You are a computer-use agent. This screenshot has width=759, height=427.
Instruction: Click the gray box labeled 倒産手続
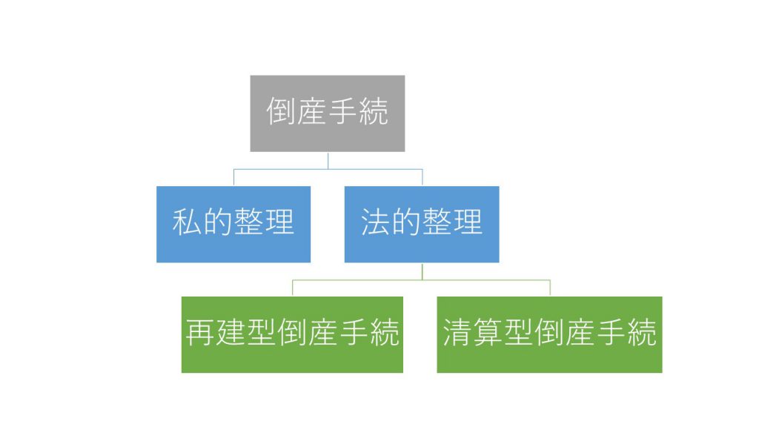[x=327, y=113]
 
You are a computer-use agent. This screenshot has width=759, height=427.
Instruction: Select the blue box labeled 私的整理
[x=233, y=224]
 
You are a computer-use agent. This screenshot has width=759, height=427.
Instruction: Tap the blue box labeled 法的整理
[x=422, y=224]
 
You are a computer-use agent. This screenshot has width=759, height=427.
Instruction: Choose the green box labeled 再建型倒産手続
[x=292, y=334]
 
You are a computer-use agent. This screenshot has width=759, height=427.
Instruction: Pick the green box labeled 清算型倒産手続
[x=549, y=334]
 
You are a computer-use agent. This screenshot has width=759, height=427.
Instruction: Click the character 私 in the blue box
[x=188, y=222]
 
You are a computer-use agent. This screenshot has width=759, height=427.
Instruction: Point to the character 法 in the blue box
[x=376, y=222]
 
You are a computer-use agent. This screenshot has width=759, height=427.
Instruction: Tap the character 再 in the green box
[x=200, y=333]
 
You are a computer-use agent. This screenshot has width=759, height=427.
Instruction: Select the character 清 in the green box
[x=457, y=333]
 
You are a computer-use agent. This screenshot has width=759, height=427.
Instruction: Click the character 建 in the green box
[x=231, y=333]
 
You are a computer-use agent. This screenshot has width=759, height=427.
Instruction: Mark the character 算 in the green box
[x=488, y=333]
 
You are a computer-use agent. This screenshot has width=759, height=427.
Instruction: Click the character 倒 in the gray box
[x=281, y=111]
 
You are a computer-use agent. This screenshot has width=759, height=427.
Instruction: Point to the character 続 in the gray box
[x=374, y=111]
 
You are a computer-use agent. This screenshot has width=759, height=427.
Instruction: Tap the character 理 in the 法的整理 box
[x=468, y=222]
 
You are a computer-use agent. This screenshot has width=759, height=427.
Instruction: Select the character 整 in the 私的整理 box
[x=249, y=222]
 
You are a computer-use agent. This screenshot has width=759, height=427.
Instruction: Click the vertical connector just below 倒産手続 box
[x=328, y=161]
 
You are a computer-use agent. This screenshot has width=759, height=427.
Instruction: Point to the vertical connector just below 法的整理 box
[x=422, y=271]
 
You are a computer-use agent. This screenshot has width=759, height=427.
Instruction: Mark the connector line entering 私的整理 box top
[x=233, y=178]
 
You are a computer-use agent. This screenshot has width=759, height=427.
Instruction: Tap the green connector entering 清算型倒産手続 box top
[x=550, y=288]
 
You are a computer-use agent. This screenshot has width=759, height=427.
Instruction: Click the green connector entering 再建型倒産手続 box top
[x=292, y=288]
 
